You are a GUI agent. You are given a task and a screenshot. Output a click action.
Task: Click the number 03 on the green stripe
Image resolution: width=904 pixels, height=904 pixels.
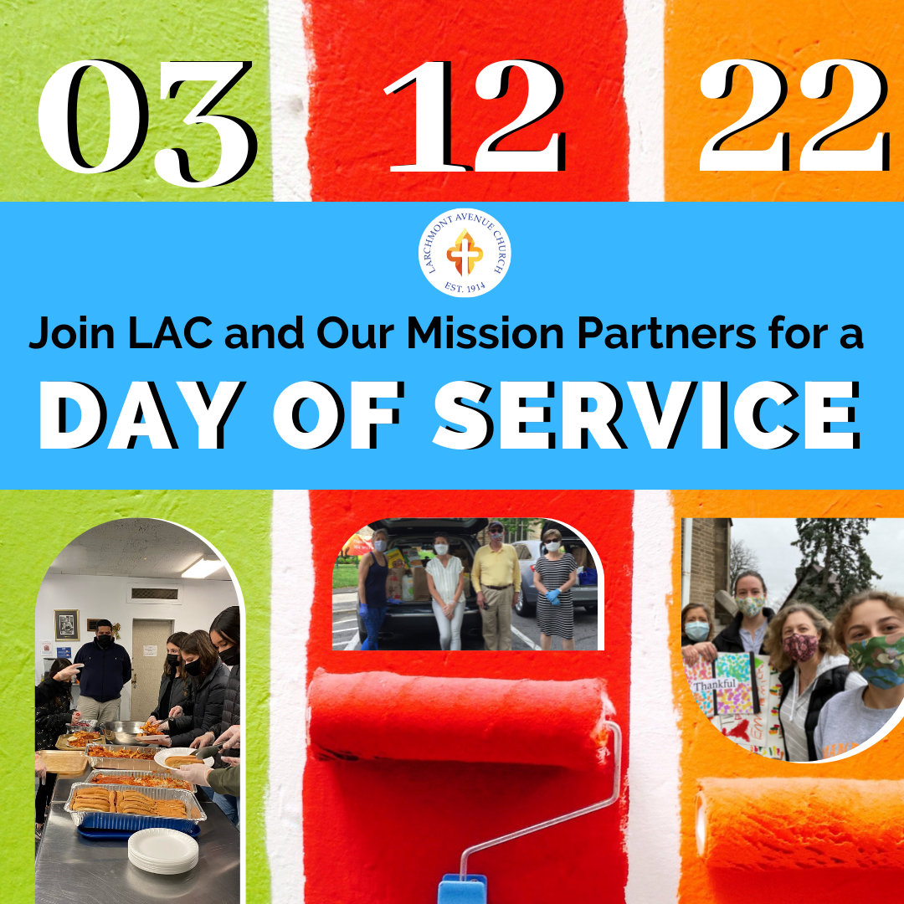pos(147,123)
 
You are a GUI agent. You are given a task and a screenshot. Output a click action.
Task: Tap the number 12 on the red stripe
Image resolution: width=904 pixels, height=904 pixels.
pos(474,116)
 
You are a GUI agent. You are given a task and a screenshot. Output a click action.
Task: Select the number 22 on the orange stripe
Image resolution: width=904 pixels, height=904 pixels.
pos(794,116)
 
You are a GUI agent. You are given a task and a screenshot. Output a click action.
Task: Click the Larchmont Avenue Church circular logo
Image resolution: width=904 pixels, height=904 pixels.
pos(465,253)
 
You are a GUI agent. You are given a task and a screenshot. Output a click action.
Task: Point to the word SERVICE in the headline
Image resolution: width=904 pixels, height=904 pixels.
pos(646,415)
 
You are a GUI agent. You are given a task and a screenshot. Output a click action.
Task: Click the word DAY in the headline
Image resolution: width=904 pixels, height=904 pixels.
pos(138,415)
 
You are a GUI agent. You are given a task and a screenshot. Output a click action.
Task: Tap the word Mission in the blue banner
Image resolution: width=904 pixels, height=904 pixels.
pos(485,333)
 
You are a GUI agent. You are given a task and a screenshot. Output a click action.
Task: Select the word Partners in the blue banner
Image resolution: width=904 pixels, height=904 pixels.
pos(666,334)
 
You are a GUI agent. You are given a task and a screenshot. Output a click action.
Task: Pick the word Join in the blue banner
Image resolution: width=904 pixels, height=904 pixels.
pos(72,334)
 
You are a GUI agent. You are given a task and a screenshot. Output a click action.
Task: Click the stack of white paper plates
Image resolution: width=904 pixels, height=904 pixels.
pos(163,850)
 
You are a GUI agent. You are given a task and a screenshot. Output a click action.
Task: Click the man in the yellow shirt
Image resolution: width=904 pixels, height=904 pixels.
pos(496,585)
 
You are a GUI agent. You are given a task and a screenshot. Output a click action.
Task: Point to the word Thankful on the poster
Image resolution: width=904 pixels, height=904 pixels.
pos(716,685)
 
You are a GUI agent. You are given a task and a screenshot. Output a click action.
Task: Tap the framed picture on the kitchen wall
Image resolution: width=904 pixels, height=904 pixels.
pos(67,625)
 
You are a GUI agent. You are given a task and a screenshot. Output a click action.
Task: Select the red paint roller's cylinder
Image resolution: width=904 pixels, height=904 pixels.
pos(459,720)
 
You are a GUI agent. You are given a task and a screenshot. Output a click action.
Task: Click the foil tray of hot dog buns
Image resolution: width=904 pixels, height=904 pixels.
pos(135,804)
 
